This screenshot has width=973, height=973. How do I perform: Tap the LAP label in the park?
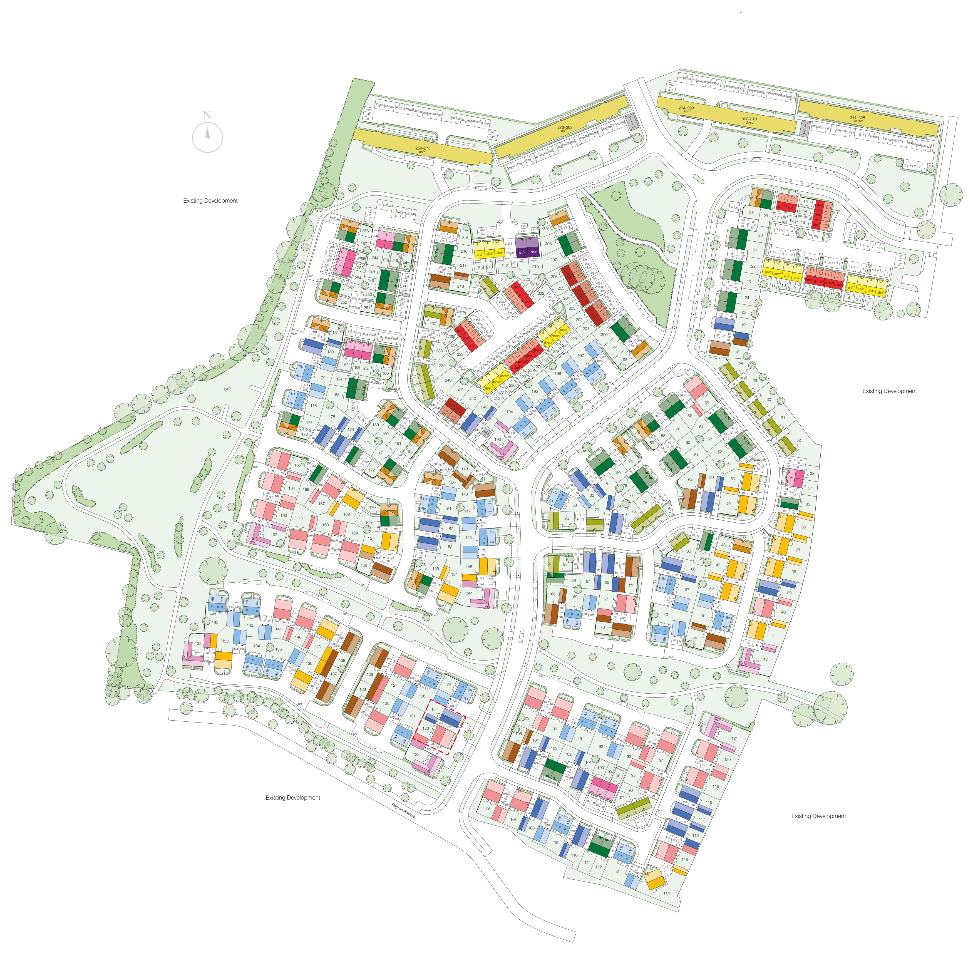tap(227, 389)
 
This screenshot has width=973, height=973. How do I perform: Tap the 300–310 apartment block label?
tap(749, 120)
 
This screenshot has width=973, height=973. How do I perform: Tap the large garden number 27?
tap(751, 212)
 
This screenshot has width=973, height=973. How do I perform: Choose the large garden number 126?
tap(422, 696)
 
